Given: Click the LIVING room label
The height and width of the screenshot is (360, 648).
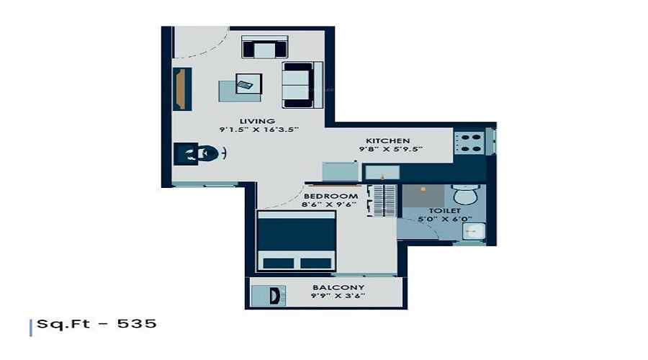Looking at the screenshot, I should click(x=258, y=120).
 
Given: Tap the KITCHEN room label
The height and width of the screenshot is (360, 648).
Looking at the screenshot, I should click(x=387, y=140).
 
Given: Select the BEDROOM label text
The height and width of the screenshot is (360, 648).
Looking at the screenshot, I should click(x=330, y=196).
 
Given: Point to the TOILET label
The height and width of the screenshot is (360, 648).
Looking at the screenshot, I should click(x=446, y=210).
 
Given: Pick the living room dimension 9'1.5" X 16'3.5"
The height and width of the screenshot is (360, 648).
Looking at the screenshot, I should click(x=258, y=130).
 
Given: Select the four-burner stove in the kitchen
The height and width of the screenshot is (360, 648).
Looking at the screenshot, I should click(x=470, y=143).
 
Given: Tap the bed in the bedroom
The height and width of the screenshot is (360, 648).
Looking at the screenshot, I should click(x=297, y=241).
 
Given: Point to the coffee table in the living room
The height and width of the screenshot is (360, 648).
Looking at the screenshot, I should click(x=241, y=88).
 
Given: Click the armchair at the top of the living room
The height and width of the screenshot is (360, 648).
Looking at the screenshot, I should click(x=264, y=48).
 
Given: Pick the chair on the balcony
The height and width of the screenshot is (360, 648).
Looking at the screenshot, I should click(x=275, y=295).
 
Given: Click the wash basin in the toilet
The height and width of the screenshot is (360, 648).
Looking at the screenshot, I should click(x=474, y=230).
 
